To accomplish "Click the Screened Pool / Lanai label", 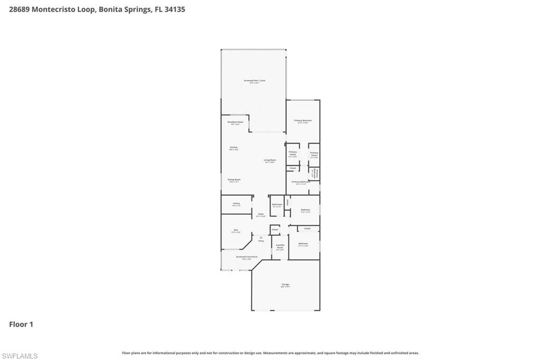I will coord(255,81).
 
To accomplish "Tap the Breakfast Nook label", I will coord(236,122).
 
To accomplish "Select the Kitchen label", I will coord(234,147).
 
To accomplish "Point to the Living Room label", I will coord(269,160).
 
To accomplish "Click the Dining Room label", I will coord(234,179).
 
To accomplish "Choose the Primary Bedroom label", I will coord(303,120).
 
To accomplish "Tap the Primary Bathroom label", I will coord(300,182).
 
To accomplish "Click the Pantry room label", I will coord(236,203).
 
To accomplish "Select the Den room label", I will coord(236,230).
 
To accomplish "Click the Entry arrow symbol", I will coord(261,238).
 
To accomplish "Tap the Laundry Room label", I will coord(280,247).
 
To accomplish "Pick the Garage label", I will coord(285,285).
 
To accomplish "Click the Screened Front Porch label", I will coord(247,257).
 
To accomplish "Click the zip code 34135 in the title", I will coord(174,9).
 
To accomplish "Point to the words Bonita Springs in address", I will coord(123,9).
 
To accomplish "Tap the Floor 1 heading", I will coord(21,324).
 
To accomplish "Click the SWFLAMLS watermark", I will coord(20,356).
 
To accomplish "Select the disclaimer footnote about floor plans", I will coord(270,353).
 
